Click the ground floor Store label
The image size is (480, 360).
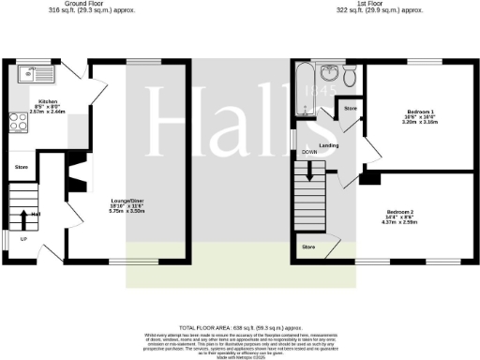coord(22,168)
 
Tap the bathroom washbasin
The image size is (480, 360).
coord(328,74)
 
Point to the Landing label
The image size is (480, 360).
coord(328,145)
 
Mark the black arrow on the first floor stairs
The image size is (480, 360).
coord(309,172)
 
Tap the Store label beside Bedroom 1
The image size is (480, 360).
coord(351,110)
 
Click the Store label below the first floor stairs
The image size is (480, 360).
coord(307,247)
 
